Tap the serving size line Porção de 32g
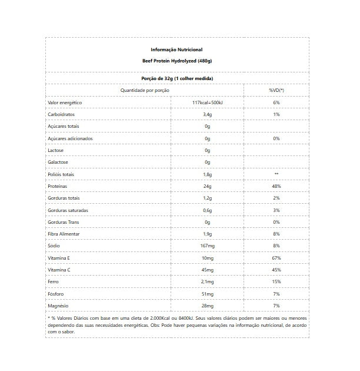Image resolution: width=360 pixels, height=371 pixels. [x=177, y=78]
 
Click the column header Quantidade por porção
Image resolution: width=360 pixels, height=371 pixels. [x=145, y=91]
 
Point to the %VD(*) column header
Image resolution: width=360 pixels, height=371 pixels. [x=276, y=91]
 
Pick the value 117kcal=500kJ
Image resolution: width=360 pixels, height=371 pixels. [x=207, y=102]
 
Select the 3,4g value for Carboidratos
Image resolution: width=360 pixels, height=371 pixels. [x=207, y=114]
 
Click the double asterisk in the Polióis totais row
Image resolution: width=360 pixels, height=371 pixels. [x=276, y=174]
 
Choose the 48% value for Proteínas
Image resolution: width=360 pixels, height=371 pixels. [x=276, y=186]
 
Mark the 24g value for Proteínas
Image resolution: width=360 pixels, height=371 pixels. [x=207, y=186]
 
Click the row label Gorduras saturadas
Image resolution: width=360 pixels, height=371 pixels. [x=68, y=210]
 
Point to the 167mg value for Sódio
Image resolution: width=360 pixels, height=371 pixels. [x=207, y=246]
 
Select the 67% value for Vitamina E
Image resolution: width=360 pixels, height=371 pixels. [x=276, y=258]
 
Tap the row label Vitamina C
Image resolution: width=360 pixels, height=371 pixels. [x=59, y=270]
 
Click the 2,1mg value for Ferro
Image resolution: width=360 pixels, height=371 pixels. [x=207, y=282]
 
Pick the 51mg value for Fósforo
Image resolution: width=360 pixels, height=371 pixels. [x=207, y=294]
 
